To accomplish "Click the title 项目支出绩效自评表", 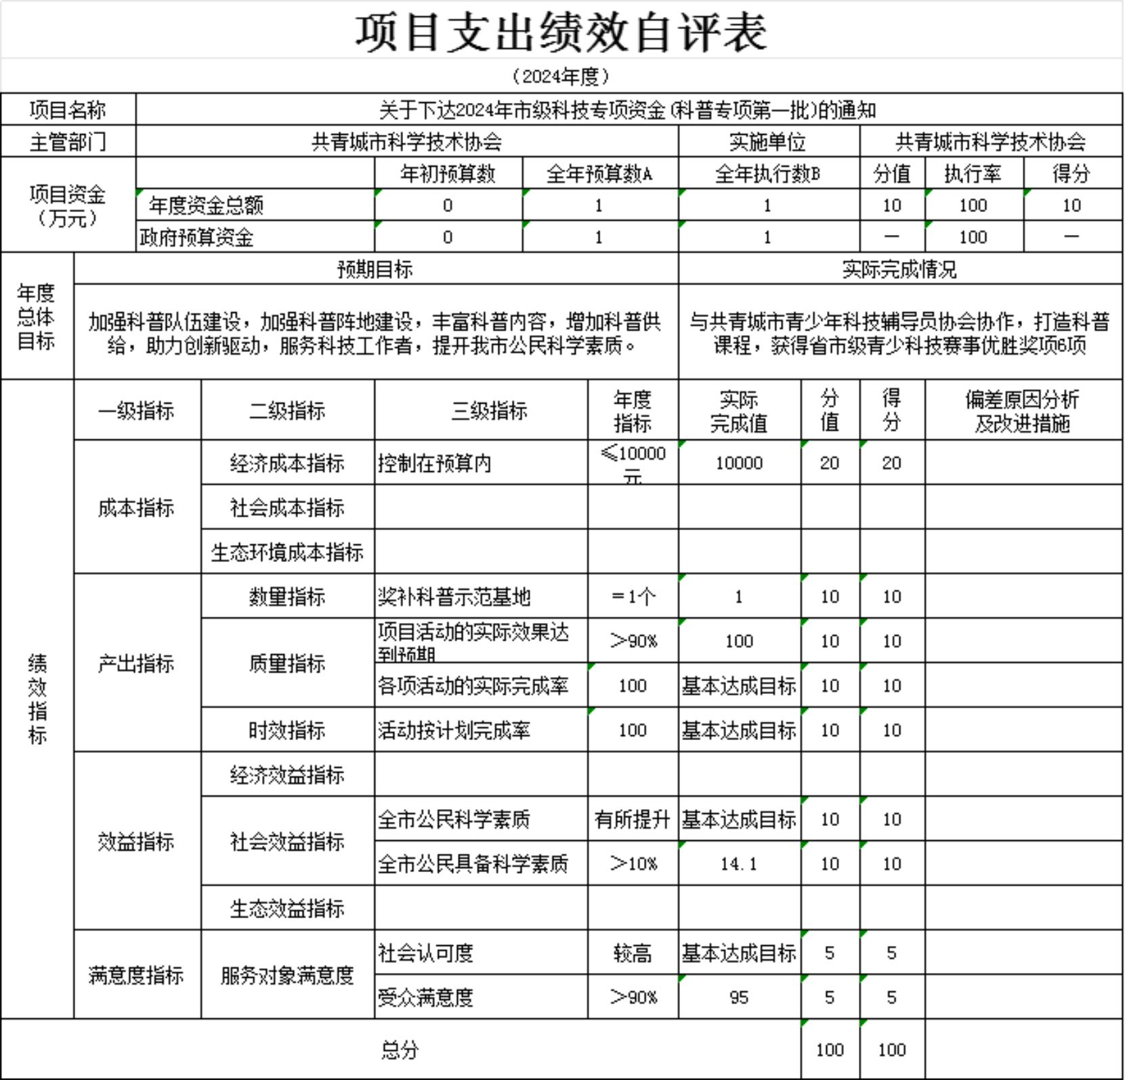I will coord(561,33).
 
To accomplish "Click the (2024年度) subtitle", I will coord(561,76).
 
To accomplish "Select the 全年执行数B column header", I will coord(768,174).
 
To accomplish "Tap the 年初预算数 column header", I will coord(448,174).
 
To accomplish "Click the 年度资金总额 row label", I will coord(206,205).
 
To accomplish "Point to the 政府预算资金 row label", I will coord(196,237).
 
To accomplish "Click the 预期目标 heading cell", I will coord(375,269).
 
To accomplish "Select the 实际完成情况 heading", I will coord(899,269).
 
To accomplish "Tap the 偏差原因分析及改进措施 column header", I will coord(1023,411).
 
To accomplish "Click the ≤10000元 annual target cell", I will coord(633,463).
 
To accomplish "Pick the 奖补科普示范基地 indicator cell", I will coord(454,597).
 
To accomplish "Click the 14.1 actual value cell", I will coord(739,864).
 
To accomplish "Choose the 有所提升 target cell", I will coord(633,819).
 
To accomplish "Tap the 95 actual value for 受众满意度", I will coord(739,997).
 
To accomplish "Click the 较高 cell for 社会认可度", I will coord(633,953).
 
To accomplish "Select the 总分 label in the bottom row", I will coord(400,1050).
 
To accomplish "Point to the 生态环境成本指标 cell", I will coord(287,552).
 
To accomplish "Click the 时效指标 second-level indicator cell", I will coord(287,730).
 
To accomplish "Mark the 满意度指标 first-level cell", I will coord(136,975).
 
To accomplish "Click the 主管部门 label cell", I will coord(68,142).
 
